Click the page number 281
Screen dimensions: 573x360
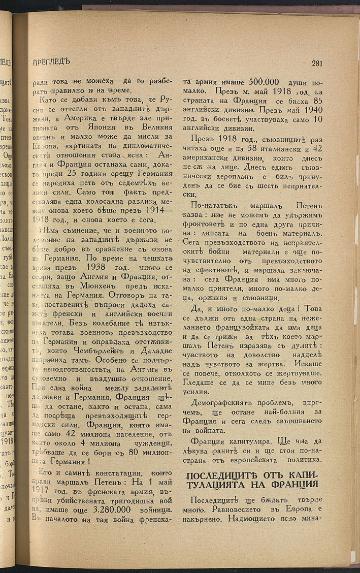[x=317, y=63]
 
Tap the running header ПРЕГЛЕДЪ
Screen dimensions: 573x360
[x=50, y=62]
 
